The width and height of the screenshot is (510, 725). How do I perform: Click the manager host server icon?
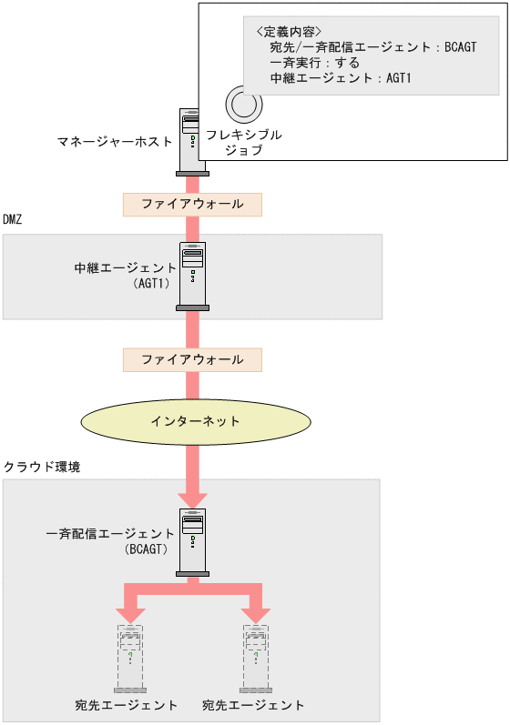pyautogui.click(x=193, y=140)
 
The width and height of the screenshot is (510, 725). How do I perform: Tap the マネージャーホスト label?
pyautogui.click(x=115, y=142)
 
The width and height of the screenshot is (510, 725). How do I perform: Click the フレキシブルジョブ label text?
pyautogui.click(x=243, y=142)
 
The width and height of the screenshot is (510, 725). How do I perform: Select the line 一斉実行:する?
pyautogui.click(x=315, y=63)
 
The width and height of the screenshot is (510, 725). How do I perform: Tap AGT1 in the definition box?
pyautogui.click(x=399, y=79)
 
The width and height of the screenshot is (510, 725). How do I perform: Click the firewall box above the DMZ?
pyautogui.click(x=192, y=204)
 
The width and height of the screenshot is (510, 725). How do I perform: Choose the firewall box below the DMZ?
pyautogui.click(x=192, y=359)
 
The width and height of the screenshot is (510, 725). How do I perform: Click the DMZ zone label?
pyautogui.click(x=13, y=220)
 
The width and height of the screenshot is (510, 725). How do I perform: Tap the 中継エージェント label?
pyautogui.click(x=126, y=268)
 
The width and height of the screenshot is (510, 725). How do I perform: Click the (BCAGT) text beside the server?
pyautogui.click(x=146, y=549)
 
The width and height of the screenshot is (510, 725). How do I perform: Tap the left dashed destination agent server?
pyautogui.click(x=130, y=657)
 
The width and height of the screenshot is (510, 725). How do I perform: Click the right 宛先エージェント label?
pyautogui.click(x=253, y=705)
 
